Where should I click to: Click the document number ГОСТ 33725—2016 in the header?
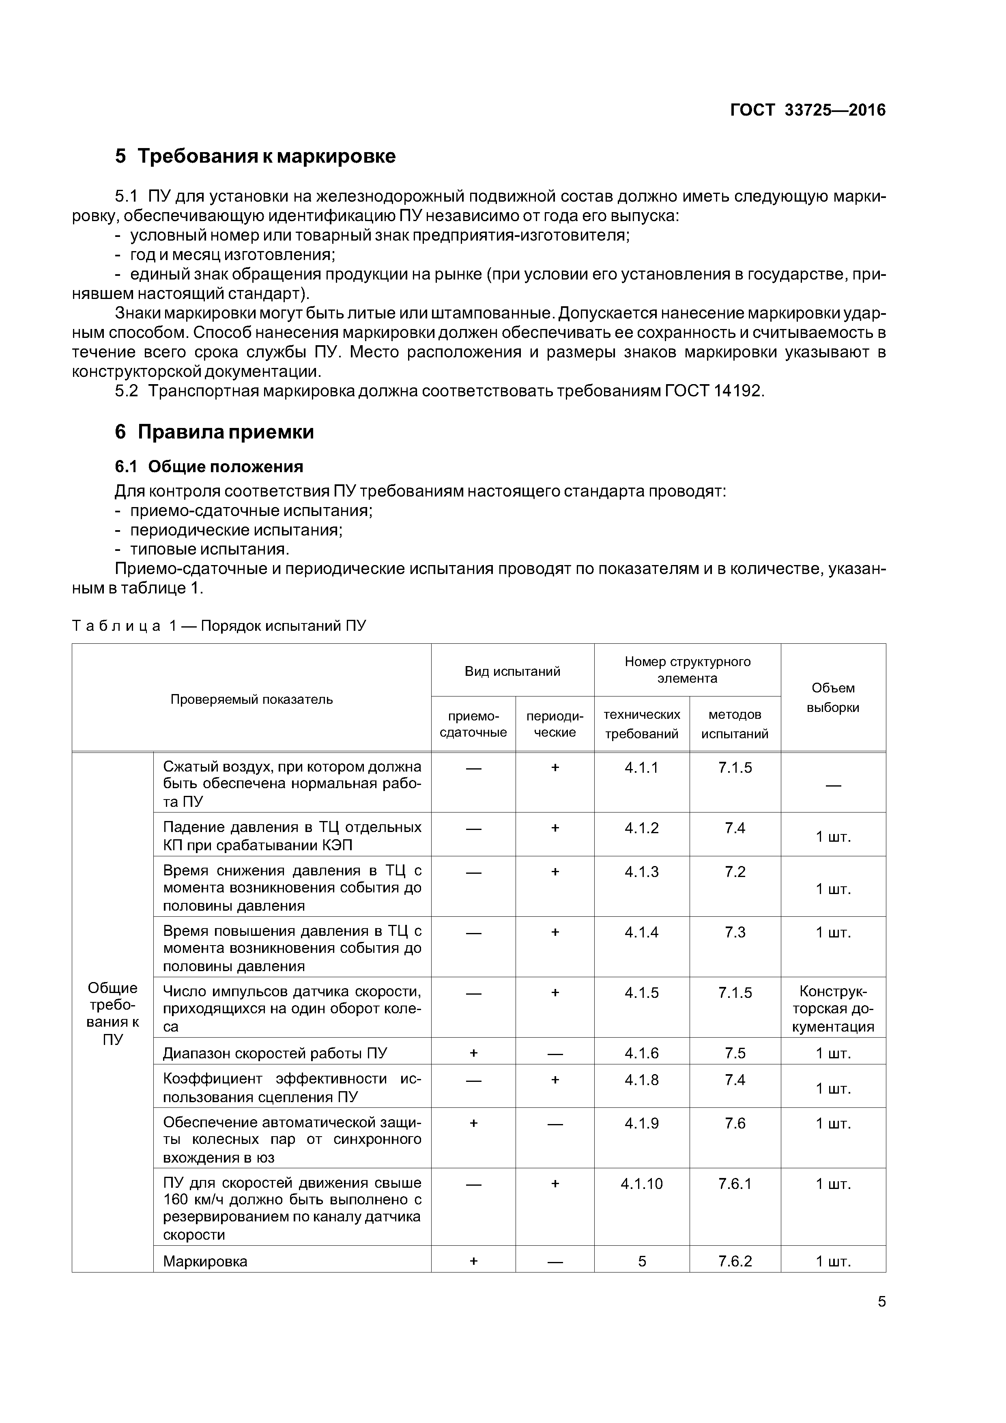(808, 110)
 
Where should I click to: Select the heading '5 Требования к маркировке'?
(255, 156)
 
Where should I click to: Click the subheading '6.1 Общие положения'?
(209, 466)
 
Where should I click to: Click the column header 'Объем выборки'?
(832, 698)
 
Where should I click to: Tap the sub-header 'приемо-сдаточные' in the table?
(473, 724)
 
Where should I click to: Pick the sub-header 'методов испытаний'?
(735, 724)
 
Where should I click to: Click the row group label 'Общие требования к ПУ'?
(112, 1013)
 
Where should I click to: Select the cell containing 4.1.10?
(642, 1184)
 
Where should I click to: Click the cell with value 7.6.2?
(735, 1261)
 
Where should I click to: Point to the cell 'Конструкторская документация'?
(832, 1009)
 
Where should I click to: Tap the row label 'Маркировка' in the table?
(205, 1261)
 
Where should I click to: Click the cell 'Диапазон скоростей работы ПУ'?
(275, 1053)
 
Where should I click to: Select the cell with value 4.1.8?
(642, 1080)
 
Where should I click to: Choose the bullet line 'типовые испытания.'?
(209, 550)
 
